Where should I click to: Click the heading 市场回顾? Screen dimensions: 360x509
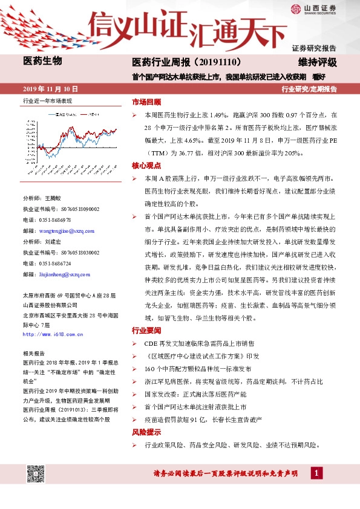point(146,102)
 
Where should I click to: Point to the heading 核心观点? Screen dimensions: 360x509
point(146,165)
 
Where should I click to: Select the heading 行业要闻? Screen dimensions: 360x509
point(146,331)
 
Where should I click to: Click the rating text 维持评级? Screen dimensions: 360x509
point(316,62)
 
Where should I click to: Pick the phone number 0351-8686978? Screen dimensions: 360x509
point(56,220)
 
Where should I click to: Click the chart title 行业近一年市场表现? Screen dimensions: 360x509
point(47,101)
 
